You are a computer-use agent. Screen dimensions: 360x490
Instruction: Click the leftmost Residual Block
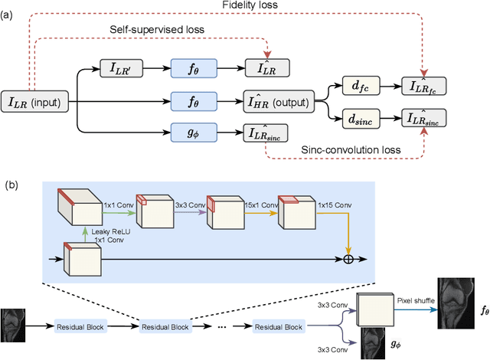pyautogui.click(x=81, y=327)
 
